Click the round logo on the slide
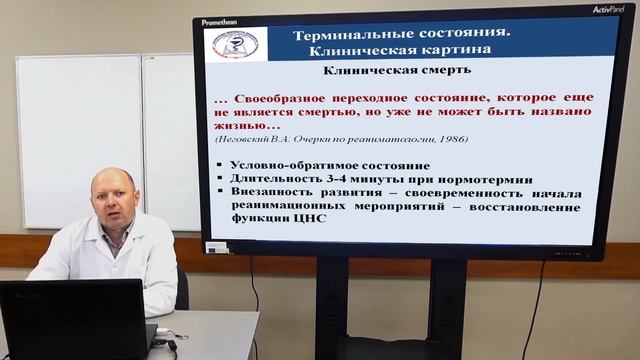pyautogui.click(x=231, y=42)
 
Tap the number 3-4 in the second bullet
pyautogui.click(x=337, y=179)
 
